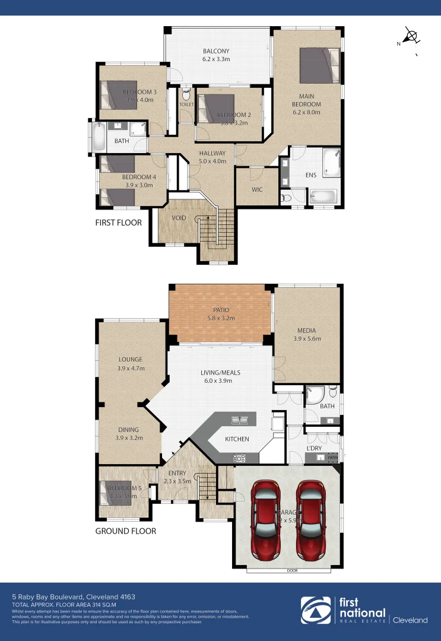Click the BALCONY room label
(215, 51)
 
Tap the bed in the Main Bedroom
(319, 65)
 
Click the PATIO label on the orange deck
(220, 310)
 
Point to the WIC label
(256, 190)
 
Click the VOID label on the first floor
(179, 218)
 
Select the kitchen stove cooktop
(239, 458)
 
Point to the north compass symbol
(410, 36)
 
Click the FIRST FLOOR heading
(119, 223)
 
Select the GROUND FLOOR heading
(126, 531)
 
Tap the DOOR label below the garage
(291, 571)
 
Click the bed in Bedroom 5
(117, 488)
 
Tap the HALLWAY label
(212, 153)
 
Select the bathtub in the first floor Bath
(98, 137)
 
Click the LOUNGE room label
(131, 360)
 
